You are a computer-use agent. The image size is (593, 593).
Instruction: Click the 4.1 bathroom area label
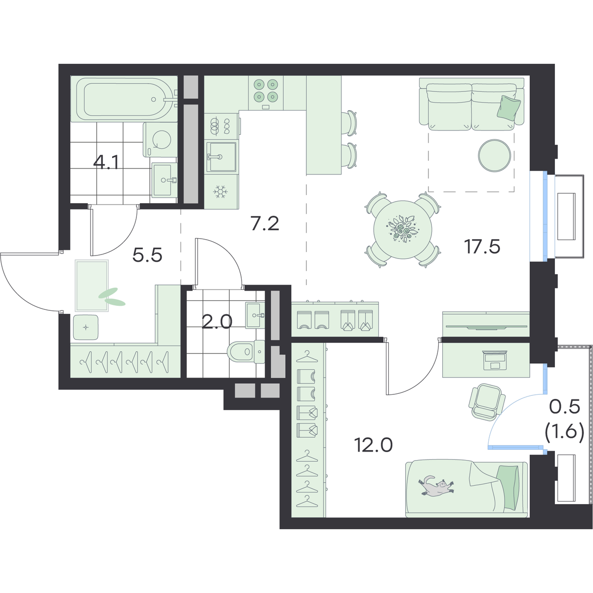click(x=106, y=163)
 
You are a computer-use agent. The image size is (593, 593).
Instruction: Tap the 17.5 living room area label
click(x=482, y=247)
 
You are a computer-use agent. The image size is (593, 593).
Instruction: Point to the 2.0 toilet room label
click(x=217, y=323)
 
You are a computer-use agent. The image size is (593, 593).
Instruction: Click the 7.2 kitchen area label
click(x=265, y=224)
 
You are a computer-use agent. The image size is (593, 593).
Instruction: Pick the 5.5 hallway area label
click(x=147, y=255)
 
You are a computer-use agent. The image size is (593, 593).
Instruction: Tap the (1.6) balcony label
click(x=564, y=432)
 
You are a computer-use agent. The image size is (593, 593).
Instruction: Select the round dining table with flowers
click(x=403, y=230)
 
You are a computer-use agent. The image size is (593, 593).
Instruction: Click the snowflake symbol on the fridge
click(x=220, y=192)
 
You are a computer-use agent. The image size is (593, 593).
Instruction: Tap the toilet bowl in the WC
click(x=246, y=352)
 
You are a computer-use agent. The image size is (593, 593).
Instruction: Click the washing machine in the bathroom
click(x=160, y=140)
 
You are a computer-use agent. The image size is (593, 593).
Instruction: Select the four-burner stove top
click(x=266, y=90)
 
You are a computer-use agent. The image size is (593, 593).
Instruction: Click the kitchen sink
click(x=221, y=157)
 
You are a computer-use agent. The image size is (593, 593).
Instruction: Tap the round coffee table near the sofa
click(x=495, y=155)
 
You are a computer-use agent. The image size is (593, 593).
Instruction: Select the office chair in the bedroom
click(x=487, y=402)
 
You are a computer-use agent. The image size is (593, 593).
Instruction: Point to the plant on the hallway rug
click(x=112, y=297)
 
